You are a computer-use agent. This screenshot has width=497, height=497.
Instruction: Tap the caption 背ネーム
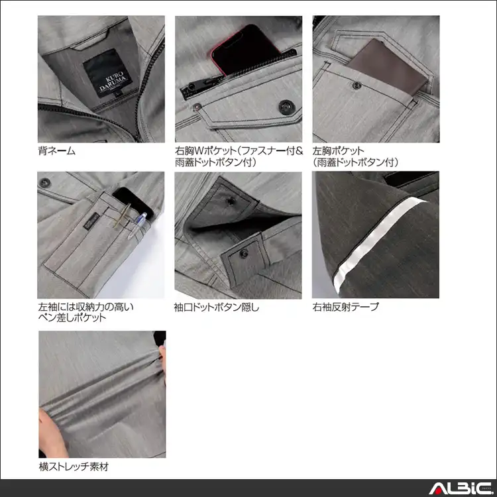tap(57, 152)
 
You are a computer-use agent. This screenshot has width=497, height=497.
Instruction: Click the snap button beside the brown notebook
tap(357, 85)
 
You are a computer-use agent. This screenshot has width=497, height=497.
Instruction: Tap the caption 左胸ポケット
tap(338, 151)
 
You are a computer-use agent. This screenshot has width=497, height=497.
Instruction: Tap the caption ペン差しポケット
tap(72, 317)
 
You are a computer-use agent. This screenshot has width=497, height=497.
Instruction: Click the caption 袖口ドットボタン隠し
tap(217, 307)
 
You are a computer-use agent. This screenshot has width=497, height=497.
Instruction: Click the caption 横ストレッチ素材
tap(73, 467)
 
